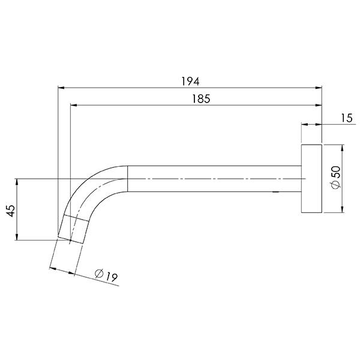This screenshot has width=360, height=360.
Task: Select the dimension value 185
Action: point(201,99)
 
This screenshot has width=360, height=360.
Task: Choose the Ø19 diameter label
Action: point(105,275)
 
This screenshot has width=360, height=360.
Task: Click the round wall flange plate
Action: point(311,179)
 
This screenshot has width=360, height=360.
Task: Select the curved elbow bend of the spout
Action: point(96,186)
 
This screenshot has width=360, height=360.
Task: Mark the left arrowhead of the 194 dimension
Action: point(61,88)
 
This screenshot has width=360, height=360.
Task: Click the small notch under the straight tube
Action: point(275,193)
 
